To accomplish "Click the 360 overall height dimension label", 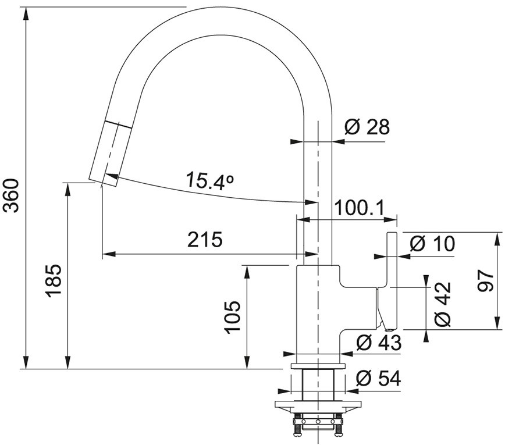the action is click(10, 196).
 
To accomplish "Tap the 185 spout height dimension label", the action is click(53, 281).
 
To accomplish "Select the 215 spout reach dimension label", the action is click(205, 240).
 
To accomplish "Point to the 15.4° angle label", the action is click(210, 181).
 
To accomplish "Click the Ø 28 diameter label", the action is click(367, 127).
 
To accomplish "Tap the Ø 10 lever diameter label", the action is click(432, 244).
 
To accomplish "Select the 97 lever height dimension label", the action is click(485, 281).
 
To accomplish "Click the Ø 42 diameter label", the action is click(442, 304).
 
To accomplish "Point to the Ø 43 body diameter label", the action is click(379, 343).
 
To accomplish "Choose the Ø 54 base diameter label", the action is click(378, 378).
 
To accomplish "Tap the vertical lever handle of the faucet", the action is click(392, 281).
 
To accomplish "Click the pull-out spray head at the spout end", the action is click(110, 154).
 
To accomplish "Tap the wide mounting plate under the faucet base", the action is click(318, 404).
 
